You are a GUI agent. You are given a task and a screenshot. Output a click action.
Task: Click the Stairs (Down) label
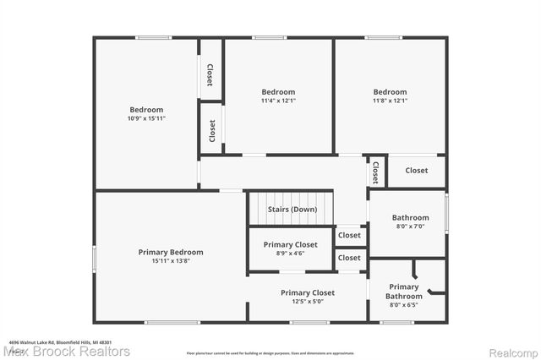[292, 209]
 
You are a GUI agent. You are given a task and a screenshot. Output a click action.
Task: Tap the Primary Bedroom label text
[171, 252]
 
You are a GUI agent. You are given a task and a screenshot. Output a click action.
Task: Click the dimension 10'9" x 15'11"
[146, 119]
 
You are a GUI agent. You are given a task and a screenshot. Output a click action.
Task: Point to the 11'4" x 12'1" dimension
[278, 101]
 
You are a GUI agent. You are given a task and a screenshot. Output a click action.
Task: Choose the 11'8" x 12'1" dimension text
[390, 101]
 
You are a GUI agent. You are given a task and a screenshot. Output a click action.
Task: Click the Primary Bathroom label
[403, 292]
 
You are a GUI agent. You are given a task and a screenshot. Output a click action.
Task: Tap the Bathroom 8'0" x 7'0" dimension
[410, 226]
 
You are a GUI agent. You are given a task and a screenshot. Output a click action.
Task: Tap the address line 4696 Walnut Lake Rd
[61, 342]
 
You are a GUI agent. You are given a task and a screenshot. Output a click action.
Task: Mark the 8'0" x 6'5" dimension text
[403, 305]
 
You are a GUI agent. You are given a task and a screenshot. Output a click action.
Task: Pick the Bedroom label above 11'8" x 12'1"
[390, 92]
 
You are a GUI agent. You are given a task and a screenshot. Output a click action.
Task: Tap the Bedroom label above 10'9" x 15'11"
[146, 110]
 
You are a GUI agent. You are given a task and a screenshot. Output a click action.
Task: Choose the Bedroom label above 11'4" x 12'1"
[278, 92]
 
